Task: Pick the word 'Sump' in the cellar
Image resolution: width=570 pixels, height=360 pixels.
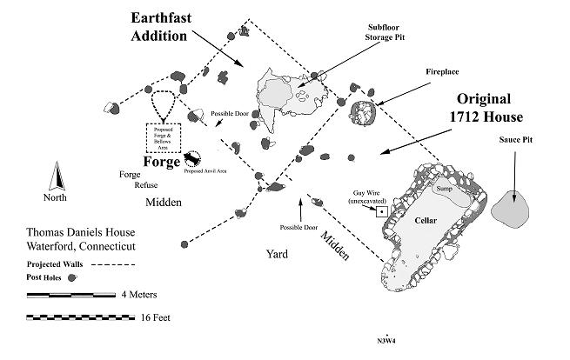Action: (446, 189)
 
